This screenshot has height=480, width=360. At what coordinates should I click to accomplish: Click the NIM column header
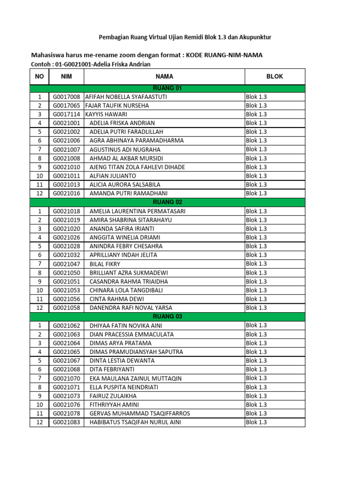click(x=66, y=76)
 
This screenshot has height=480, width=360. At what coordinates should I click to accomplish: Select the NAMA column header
click(x=165, y=76)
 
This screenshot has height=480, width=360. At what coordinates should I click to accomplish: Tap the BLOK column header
click(x=275, y=76)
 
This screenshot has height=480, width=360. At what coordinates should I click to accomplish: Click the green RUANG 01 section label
click(x=167, y=88)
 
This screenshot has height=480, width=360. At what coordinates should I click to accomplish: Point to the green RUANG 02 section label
click(x=167, y=202)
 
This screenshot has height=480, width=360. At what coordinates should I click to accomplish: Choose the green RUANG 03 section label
click(x=167, y=316)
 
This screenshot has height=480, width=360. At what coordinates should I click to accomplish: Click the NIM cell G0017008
click(x=66, y=97)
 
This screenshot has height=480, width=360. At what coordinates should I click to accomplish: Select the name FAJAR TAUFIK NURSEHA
click(x=117, y=105)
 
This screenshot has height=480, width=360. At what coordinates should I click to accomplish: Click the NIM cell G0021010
click(x=66, y=167)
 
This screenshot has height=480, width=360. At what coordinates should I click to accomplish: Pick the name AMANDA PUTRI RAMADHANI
click(x=128, y=193)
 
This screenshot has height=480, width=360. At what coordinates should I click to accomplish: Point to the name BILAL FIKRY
click(x=105, y=264)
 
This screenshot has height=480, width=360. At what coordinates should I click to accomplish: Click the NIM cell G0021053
click(x=66, y=290)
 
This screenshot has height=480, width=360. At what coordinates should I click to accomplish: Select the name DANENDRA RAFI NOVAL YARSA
click(x=131, y=308)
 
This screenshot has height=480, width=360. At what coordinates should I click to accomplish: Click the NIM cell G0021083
click(x=66, y=422)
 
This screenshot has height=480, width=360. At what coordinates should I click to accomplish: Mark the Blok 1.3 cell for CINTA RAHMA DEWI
click(x=256, y=299)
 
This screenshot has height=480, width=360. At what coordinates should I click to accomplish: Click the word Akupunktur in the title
click(x=255, y=37)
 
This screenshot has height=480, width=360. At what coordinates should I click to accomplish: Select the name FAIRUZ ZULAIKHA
click(x=113, y=396)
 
